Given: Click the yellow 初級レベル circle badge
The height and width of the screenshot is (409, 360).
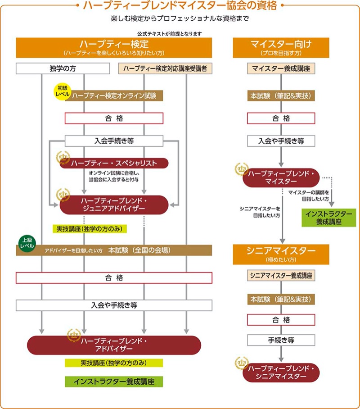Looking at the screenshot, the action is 63,91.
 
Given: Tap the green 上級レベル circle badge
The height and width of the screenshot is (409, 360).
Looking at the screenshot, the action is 27,243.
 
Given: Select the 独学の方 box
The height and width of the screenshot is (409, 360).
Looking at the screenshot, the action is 63,68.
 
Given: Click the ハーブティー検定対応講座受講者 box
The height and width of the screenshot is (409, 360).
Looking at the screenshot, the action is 165,68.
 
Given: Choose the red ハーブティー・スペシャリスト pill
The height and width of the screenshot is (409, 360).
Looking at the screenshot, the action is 114,164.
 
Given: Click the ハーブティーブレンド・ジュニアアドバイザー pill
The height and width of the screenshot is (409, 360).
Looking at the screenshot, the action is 114,205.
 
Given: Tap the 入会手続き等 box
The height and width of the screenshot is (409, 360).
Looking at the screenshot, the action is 114,141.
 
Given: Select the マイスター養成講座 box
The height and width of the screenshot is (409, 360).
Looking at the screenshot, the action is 281,68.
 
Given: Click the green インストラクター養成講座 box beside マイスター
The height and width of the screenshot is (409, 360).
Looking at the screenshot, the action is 328,218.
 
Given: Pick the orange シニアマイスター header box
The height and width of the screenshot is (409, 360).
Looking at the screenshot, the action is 281,254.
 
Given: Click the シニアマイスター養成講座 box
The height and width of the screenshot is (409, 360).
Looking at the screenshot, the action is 281,276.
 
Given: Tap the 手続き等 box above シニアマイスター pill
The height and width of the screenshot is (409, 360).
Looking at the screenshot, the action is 281,340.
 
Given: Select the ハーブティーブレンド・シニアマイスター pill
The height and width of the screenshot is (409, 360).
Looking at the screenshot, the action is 281,373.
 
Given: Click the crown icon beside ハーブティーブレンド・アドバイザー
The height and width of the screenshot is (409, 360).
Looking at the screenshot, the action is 74,335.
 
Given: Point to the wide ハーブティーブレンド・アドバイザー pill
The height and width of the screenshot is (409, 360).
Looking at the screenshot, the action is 114,345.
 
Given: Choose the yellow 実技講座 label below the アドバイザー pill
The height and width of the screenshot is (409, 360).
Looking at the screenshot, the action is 114,363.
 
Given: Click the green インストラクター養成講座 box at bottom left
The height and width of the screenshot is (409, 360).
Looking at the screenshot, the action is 114,382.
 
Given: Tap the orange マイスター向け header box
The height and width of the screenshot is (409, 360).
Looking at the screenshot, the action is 281,48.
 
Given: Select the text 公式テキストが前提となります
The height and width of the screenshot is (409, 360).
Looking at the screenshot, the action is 170,34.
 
